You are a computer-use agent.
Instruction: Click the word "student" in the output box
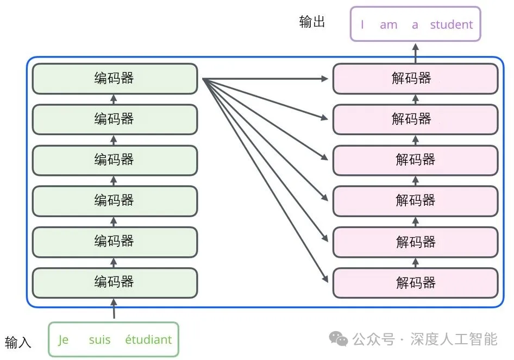tap(452, 24)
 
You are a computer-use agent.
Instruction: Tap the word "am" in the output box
tap(388, 25)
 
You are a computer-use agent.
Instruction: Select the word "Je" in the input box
tap(63, 340)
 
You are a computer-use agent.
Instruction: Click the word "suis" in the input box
tap(99, 340)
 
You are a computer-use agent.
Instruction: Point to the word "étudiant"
tap(148, 339)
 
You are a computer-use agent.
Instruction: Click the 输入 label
tap(18, 342)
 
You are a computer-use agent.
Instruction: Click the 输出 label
tap(312, 22)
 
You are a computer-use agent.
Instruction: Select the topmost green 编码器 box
tap(115, 79)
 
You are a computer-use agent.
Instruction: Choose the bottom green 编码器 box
tap(115, 283)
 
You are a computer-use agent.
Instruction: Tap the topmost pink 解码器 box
tap(415, 79)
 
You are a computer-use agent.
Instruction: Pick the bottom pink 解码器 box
tap(415, 283)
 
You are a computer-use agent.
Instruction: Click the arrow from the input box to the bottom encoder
tap(114, 308)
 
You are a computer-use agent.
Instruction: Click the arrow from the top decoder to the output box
tap(415, 53)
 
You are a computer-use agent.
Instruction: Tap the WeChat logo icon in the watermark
tap(338, 339)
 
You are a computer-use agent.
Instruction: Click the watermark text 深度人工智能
tap(454, 339)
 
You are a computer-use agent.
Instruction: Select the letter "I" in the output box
tap(362, 24)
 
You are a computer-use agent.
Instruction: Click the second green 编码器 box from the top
tap(115, 119)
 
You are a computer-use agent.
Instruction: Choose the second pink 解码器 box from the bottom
tap(415, 242)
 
